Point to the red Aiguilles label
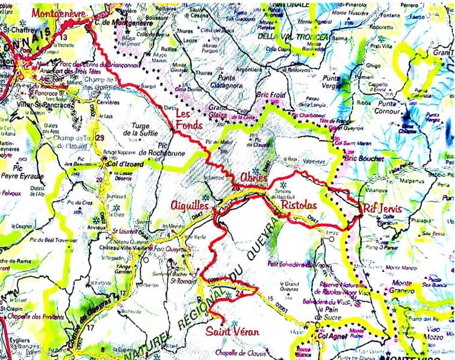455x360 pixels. pos(189,206)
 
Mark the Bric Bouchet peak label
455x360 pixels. pos(351,158)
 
